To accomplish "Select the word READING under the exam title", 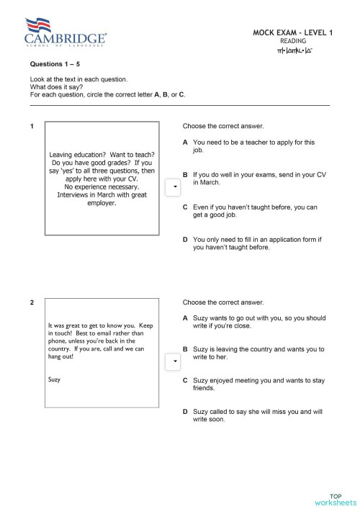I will [x=293, y=42].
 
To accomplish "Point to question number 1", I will [x=32, y=127].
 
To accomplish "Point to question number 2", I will [x=32, y=302].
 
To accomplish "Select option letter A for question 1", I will [x=186, y=143].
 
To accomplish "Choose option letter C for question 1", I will [x=186, y=207].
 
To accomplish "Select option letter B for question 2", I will [x=186, y=349].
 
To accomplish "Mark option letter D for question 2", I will [x=186, y=412].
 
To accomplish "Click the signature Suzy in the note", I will [x=54, y=379].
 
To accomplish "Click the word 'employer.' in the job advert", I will [x=102, y=203].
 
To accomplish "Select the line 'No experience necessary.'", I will [x=102, y=186].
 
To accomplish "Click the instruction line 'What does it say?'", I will [x=57, y=87].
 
